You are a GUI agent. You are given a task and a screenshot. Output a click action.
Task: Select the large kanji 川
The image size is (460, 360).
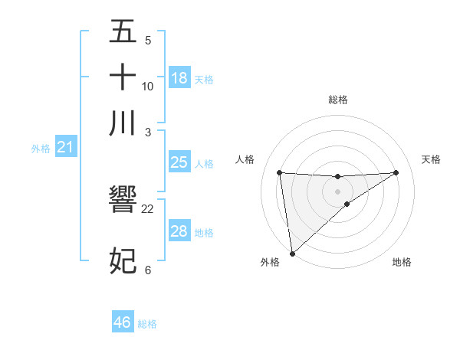pos(123,123)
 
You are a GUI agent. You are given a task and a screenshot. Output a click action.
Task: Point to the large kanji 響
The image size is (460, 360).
pos(123,200)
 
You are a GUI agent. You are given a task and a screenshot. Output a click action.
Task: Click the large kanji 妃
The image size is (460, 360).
pos(123,260)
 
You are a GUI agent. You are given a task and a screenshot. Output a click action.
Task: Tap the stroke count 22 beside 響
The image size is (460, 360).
pos(148,208)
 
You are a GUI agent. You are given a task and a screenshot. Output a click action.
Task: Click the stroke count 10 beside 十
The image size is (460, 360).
pos(148,86)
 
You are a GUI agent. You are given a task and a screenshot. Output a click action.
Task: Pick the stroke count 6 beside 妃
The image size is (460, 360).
pos(148,270)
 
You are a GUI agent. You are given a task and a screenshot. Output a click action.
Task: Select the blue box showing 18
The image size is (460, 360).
pos(179,77)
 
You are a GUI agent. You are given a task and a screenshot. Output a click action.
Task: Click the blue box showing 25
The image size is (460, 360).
pos(179,162)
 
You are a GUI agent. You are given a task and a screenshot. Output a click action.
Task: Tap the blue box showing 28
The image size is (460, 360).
pos(179,231)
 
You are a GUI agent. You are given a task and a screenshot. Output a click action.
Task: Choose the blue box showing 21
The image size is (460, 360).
pos(65,147)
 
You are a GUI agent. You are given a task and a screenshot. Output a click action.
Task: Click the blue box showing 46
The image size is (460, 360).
pos(123,322)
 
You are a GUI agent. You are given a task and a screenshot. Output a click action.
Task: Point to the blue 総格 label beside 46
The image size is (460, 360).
pos(147,324)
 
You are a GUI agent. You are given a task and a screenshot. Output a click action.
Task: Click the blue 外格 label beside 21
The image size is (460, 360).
pos(41,149)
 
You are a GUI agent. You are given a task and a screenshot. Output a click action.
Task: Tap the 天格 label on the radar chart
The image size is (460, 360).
pos(431,159)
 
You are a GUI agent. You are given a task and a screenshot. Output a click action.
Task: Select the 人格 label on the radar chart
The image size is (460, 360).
pos(245,159)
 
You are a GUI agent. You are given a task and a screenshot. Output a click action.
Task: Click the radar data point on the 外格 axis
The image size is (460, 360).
pos(292,254)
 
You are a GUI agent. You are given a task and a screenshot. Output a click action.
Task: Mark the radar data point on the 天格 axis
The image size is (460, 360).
pos(396,172)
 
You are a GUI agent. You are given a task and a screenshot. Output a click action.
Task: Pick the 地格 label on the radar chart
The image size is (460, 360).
pos(402,262)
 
